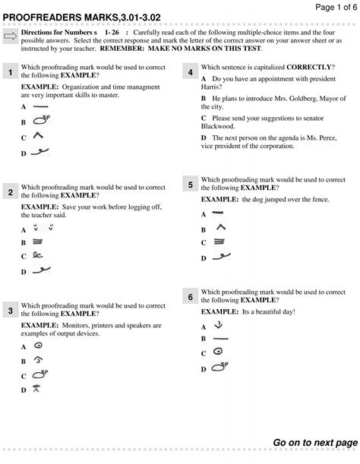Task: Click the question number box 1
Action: point(11,72)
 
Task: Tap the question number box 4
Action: point(190,72)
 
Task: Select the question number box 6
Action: point(190,298)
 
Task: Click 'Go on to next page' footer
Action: point(314,442)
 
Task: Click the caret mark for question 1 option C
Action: point(37,136)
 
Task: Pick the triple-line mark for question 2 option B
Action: point(37,241)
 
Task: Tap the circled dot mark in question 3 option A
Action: point(36,346)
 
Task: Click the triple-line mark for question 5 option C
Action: point(219,242)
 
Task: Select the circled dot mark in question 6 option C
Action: point(218,352)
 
